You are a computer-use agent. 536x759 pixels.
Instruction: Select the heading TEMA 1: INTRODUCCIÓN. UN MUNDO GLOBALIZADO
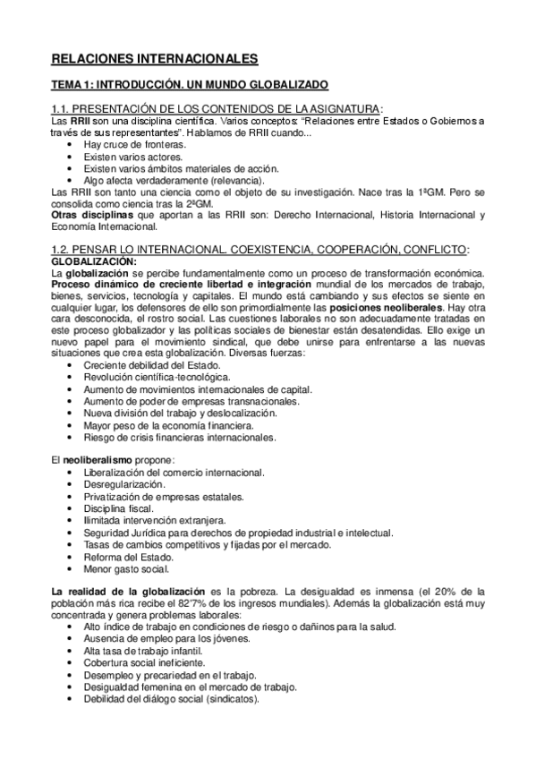[189, 85]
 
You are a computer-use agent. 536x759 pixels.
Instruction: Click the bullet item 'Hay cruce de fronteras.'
[134, 144]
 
